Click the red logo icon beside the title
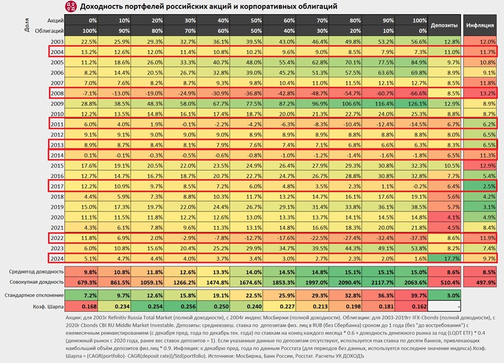click(72, 6)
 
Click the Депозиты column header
click(444, 25)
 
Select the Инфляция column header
click(479, 25)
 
